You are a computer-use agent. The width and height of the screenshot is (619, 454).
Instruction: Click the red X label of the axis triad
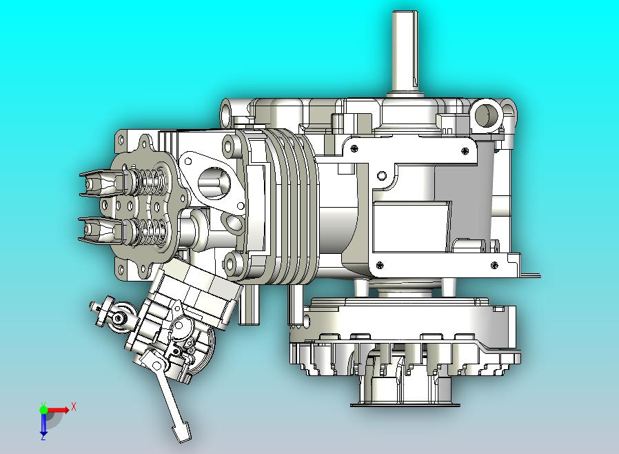click(x=74, y=406)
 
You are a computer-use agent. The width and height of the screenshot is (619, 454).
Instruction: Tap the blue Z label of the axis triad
click(x=43, y=437)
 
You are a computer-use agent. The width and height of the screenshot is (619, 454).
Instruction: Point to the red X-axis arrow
click(x=58, y=410)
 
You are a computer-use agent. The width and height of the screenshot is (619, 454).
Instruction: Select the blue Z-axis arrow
click(x=43, y=423)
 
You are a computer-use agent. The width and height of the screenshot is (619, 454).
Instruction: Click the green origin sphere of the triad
click(x=43, y=409)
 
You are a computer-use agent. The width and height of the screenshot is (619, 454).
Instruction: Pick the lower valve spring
click(x=149, y=232)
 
